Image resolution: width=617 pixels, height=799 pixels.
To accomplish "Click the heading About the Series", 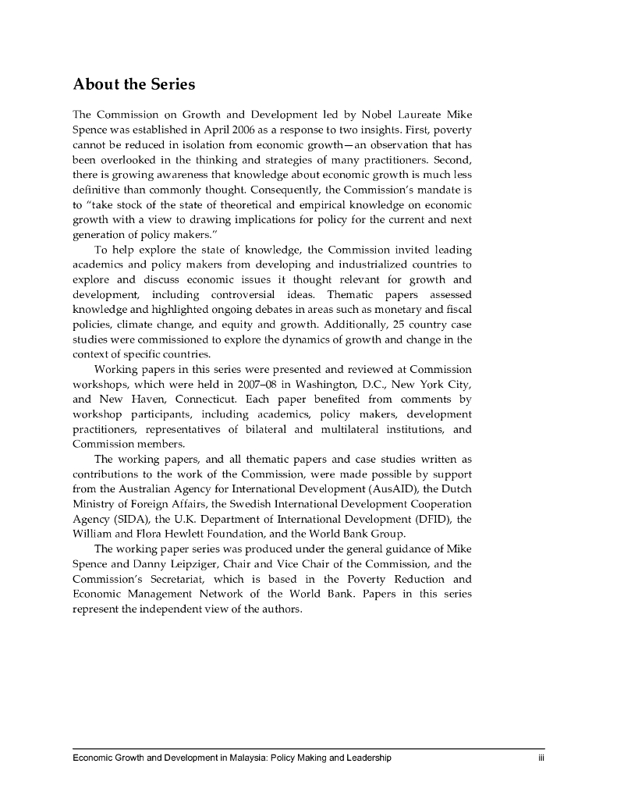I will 133,83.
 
